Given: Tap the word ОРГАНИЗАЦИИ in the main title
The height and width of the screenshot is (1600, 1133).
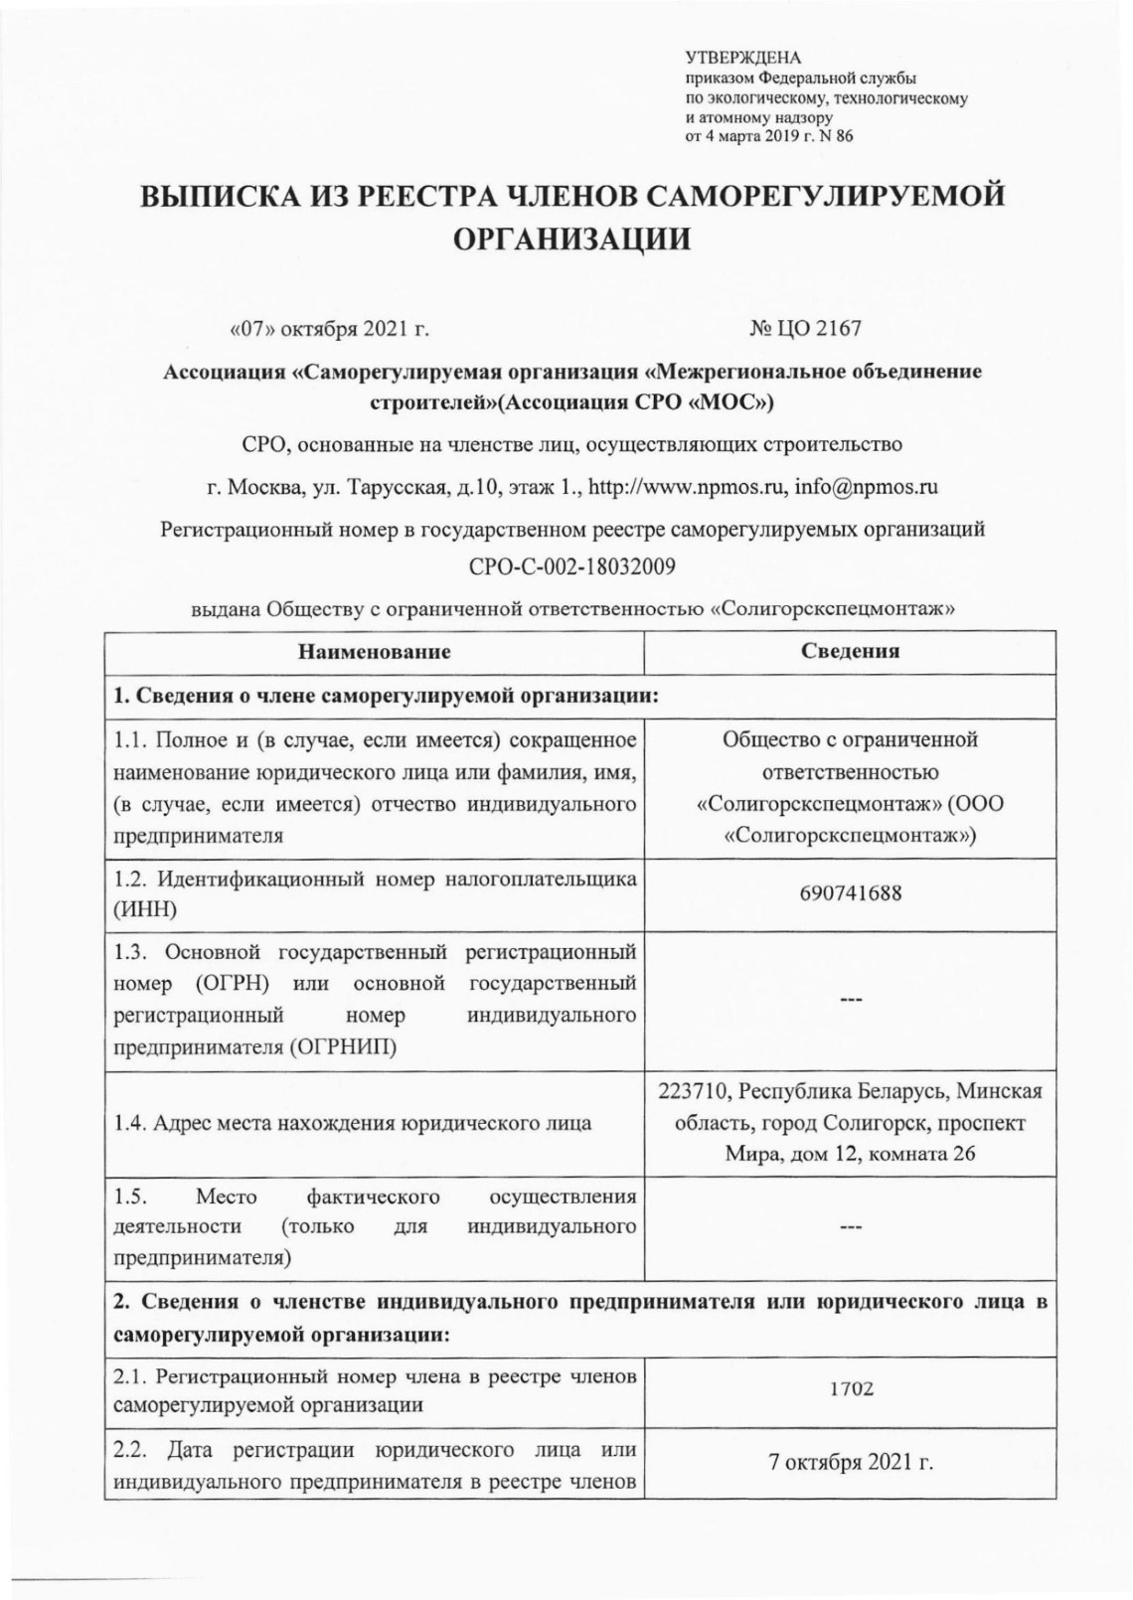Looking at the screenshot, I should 571,240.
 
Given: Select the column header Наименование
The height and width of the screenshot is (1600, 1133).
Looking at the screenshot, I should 374,653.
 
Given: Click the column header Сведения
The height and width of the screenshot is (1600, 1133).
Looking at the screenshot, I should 850,652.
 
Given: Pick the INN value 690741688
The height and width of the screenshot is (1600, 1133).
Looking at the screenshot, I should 850,892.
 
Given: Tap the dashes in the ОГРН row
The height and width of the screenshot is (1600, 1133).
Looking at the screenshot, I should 850,1002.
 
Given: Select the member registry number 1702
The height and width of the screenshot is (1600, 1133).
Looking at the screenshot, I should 852,1389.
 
